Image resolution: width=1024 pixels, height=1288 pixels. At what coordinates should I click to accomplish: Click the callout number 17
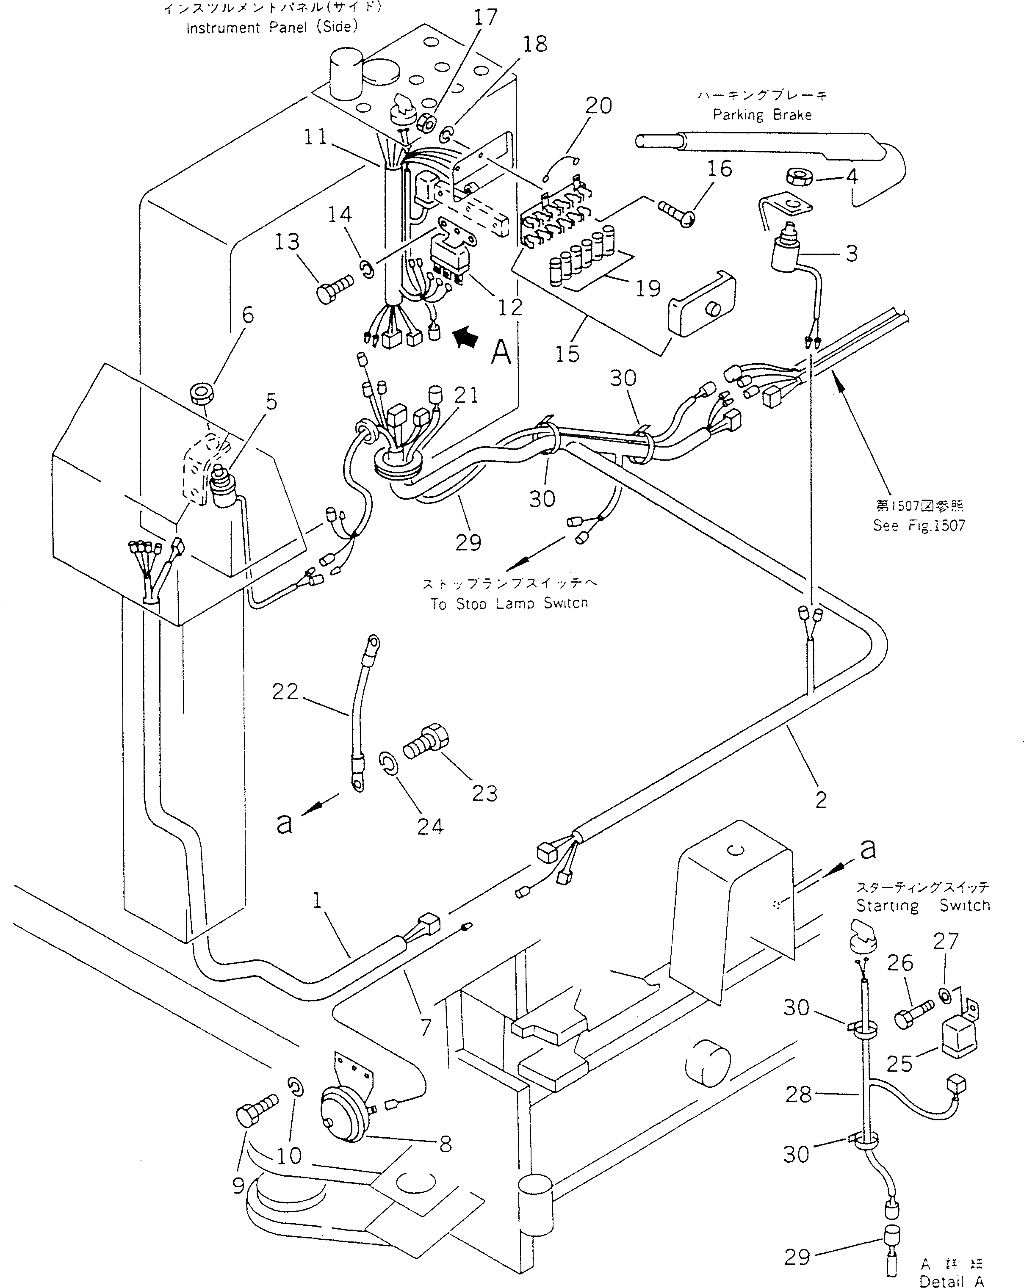coord(485,17)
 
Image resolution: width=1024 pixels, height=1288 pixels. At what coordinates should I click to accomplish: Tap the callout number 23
coord(484,793)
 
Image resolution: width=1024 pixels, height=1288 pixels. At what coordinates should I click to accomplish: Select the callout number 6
coord(247,315)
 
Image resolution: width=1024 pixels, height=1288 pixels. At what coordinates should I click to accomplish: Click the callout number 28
coord(798,1095)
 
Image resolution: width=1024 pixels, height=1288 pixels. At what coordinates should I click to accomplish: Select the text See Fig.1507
coord(919,525)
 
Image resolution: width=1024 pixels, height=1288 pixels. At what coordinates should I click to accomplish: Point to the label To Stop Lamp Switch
coord(509,603)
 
